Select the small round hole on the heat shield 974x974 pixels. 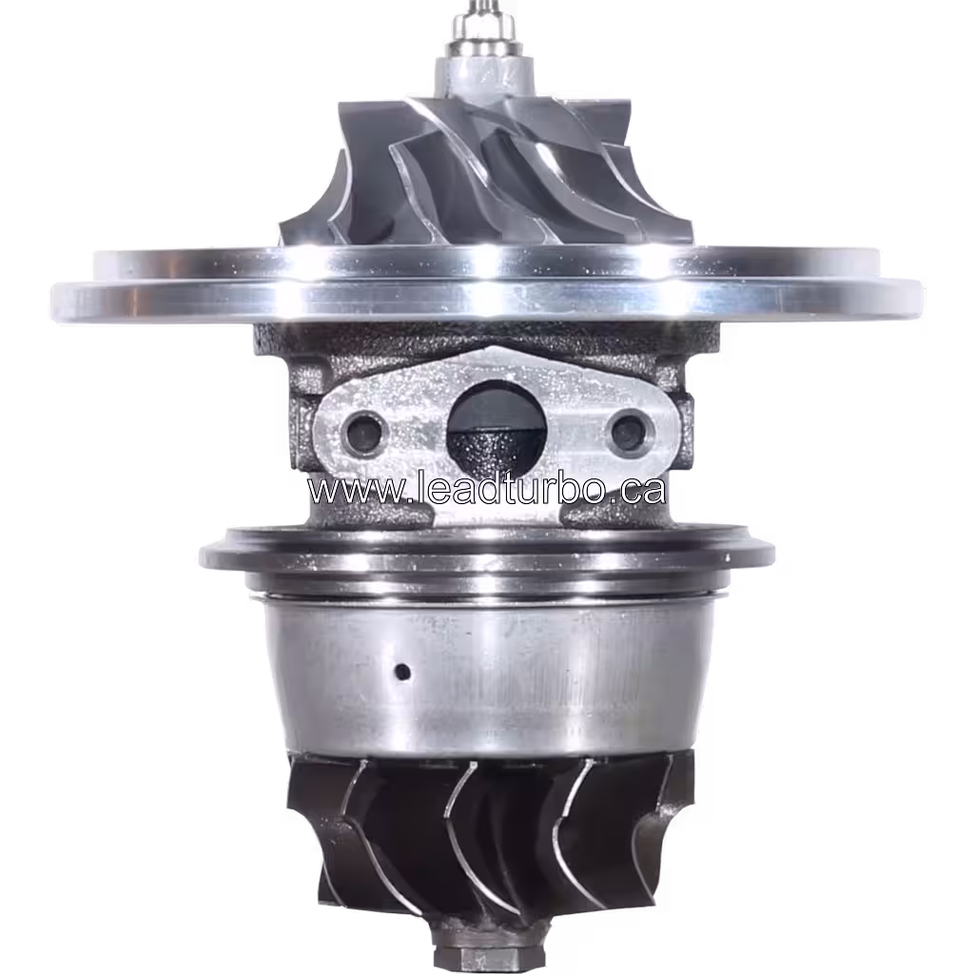click(x=402, y=672)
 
